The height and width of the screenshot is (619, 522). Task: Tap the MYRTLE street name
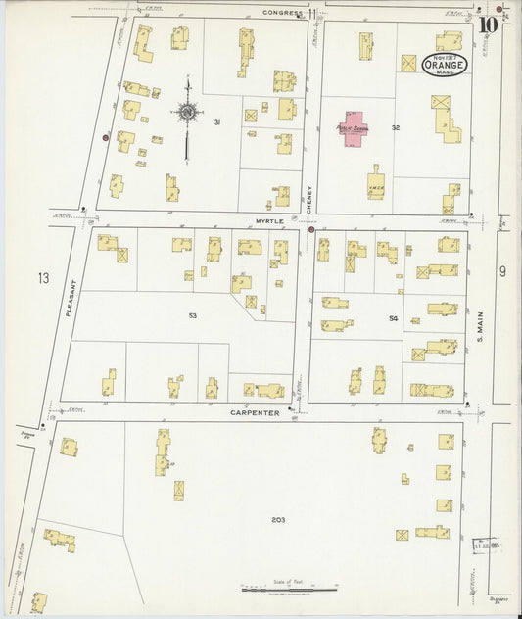[269, 221]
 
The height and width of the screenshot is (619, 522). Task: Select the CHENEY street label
[309, 200]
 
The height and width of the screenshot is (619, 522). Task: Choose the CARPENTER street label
[256, 413]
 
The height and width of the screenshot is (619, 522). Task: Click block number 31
[216, 122]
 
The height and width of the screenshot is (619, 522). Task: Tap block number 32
[396, 127]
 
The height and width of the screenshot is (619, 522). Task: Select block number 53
[193, 316]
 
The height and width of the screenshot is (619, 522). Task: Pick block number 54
[394, 318]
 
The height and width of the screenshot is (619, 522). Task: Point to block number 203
[278, 519]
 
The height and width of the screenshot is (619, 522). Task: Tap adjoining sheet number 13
[43, 279]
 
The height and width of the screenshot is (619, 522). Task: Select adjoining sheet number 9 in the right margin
[501, 271]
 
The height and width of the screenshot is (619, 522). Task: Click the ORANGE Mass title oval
[445, 65]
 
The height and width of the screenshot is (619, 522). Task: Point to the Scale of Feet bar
[290, 590]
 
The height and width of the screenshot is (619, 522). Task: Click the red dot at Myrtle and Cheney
[311, 230]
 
